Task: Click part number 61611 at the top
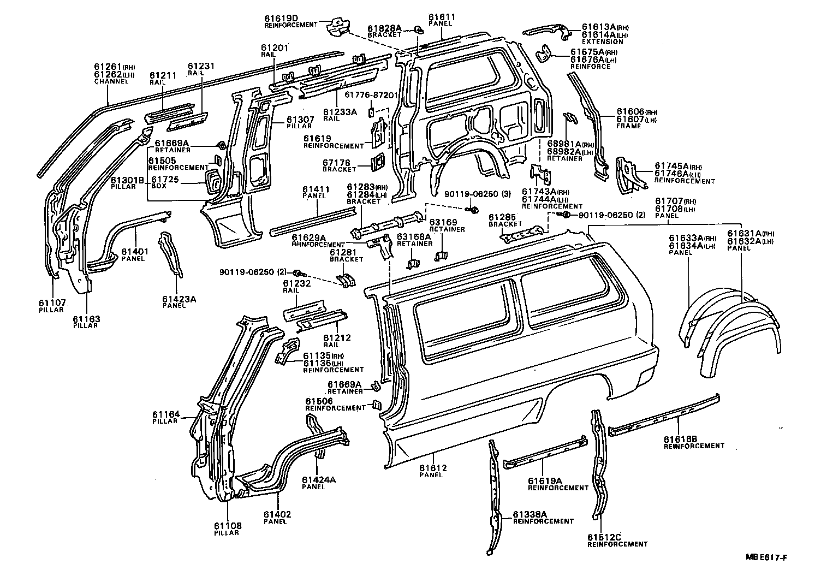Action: coord(442,17)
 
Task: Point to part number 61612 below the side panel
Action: coord(433,468)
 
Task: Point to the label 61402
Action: coord(277,514)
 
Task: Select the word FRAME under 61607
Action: coord(629,126)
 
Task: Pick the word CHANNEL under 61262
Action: coord(111,81)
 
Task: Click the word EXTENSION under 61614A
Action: coord(602,41)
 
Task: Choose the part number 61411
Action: coord(316,189)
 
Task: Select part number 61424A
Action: coord(319,480)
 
